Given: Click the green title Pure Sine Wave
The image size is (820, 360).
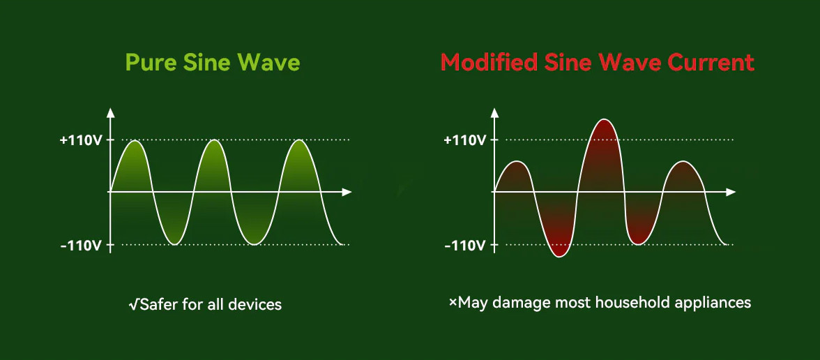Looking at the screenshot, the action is [213, 63].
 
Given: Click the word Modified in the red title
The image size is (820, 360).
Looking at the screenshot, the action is [488, 63].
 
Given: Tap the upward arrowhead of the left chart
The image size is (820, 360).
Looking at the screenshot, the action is [110, 112].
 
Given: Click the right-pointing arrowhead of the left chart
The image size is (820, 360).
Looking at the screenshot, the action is [346, 192].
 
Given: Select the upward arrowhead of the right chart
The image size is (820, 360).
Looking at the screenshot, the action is [494, 112].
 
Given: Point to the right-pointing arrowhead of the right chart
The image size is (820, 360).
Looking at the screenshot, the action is [731, 192].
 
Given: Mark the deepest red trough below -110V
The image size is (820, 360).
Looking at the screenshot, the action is [559, 255].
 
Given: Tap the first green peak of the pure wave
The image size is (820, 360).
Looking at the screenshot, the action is [135, 141].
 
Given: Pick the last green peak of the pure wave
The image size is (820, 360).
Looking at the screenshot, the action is [300, 141].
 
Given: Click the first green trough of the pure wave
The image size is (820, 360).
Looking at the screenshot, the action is [175, 243].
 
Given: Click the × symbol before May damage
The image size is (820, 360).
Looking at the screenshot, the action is [453, 303].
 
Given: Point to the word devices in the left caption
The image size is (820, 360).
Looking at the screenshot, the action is [258, 304].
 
